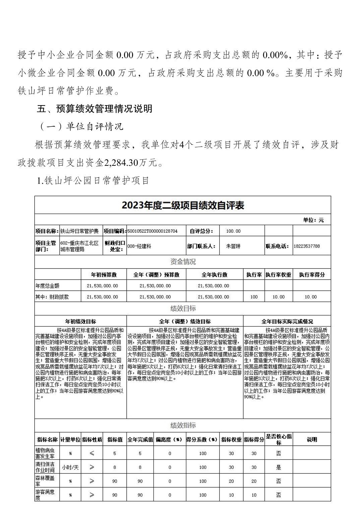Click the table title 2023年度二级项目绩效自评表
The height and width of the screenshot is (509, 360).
tap(183, 205)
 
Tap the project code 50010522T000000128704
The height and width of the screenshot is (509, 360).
tap(153, 231)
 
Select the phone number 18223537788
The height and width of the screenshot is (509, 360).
tap(306, 246)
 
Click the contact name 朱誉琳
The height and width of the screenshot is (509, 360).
tap(233, 246)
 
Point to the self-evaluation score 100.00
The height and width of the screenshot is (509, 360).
tap(233, 231)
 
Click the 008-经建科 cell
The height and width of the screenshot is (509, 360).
tap(139, 246)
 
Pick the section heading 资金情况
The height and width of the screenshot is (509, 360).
tap(183, 262)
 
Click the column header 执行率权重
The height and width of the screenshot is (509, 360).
tap(278, 275)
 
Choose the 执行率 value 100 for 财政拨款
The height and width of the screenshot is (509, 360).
tap(254, 297)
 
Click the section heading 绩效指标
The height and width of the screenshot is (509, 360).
tap(183, 425)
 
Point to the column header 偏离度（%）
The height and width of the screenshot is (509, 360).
tap(170, 440)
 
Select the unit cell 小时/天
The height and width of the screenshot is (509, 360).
tap(70, 467)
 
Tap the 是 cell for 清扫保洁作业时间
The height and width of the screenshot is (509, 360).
tap(278, 467)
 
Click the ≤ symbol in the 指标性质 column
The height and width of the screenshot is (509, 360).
tap(92, 453)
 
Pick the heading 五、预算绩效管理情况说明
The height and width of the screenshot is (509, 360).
tap(95, 108)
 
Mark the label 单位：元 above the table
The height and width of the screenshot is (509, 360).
tap(313, 220)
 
